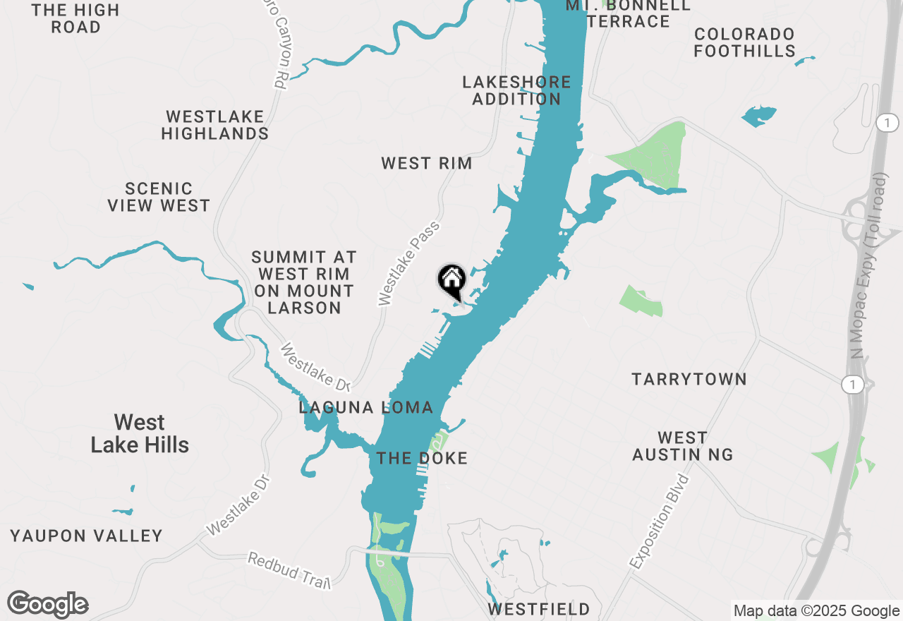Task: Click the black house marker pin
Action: (451, 280)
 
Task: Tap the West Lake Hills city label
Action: (140, 433)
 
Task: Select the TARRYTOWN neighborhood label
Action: (689, 380)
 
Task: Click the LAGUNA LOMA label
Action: (365, 407)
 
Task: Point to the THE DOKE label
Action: (422, 459)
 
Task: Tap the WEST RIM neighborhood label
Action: (426, 164)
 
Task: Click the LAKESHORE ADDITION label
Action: (516, 90)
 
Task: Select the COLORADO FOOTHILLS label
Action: (744, 42)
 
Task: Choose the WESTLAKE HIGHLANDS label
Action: (214, 125)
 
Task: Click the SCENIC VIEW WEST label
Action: (159, 197)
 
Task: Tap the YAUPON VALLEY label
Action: (86, 536)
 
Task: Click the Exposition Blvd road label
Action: (659, 522)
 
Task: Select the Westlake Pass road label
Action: (408, 263)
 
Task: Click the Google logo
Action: (48, 604)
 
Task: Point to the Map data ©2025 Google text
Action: (816, 611)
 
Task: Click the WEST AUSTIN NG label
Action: (682, 447)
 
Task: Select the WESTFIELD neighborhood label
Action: (538, 609)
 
